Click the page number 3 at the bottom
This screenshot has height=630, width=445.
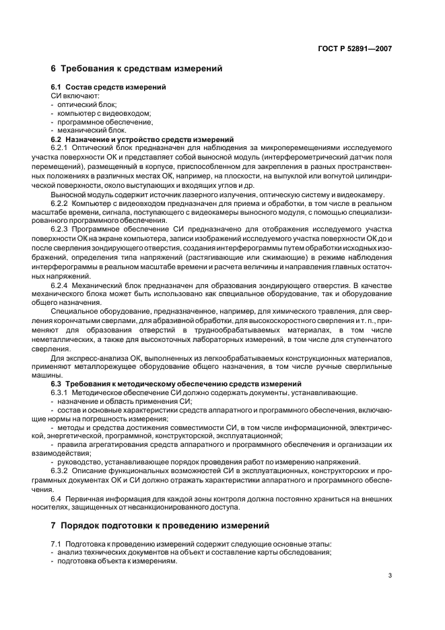point(390,575)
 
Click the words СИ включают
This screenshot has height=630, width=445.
point(74,96)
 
